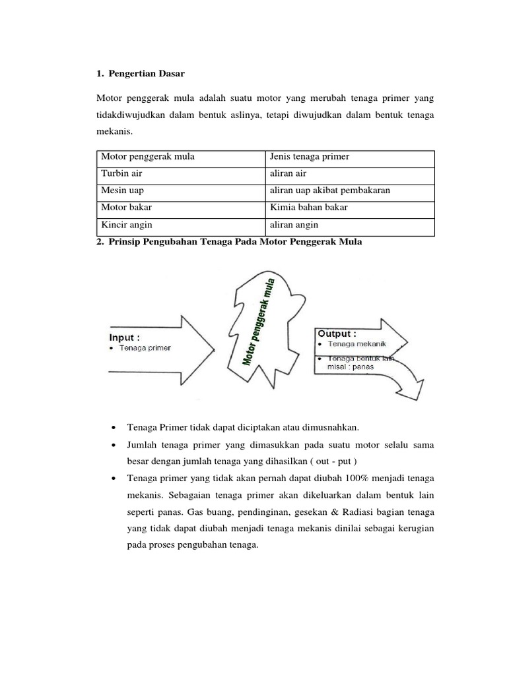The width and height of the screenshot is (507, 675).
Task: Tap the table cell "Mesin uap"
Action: tap(122, 191)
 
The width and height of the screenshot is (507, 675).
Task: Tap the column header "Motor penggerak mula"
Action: tap(143, 157)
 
